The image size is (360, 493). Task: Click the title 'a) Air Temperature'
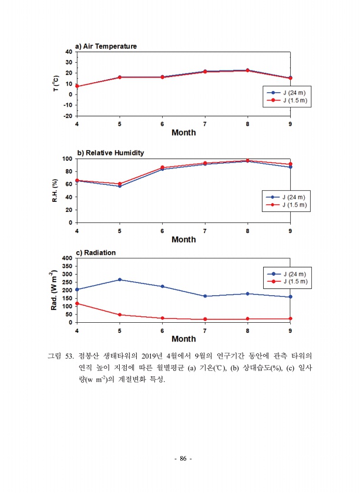pos(106,46)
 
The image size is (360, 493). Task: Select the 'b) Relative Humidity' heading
pos(110,153)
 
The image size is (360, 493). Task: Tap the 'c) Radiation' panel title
pos(96,252)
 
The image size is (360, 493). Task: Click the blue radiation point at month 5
pos(120,279)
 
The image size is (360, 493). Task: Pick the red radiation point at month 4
pos(77,303)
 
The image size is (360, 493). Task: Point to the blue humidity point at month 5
pos(120,186)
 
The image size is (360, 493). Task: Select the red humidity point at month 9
pos(290,164)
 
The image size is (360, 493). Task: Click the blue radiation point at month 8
pos(247,293)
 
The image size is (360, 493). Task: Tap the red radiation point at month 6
pos(162,318)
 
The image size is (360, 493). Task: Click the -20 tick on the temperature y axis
pos(68,116)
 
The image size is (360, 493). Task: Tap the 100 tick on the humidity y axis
pos(67,158)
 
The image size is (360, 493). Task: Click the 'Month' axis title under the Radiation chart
pos(183,339)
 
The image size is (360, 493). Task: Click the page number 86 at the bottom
pos(183,458)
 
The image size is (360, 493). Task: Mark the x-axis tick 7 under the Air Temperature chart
pos(204,124)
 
